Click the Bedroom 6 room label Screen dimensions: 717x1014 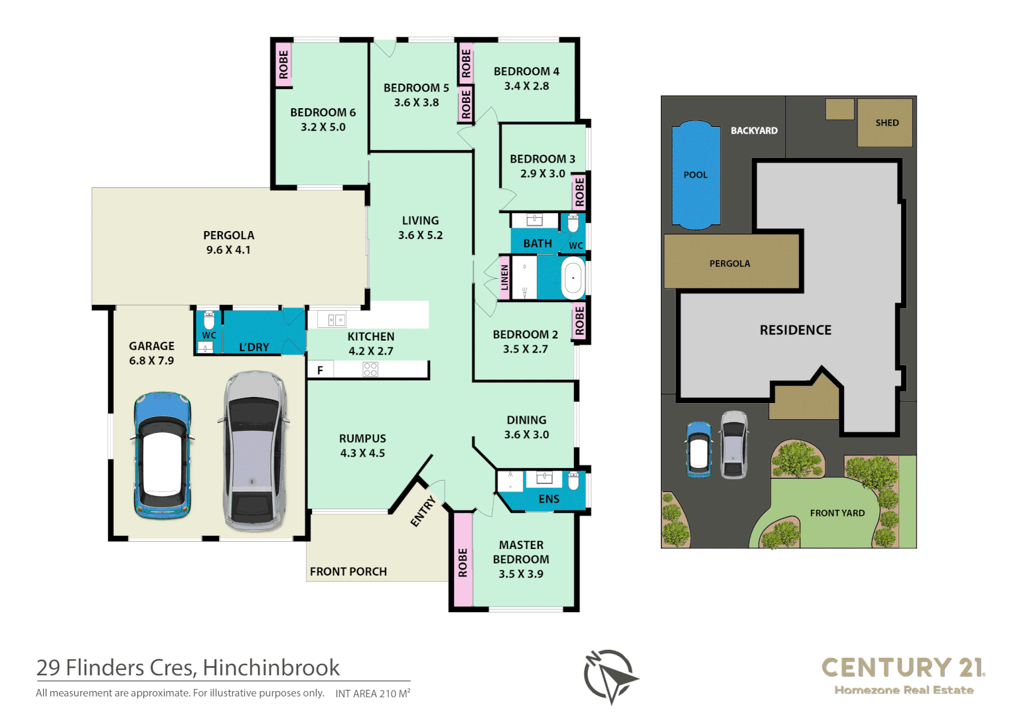(323, 113)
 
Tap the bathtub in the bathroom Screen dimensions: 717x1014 (573, 278)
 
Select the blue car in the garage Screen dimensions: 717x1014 (162, 455)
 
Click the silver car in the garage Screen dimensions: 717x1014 (254, 451)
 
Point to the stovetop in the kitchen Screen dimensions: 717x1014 (370, 369)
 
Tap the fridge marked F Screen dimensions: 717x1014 (320, 370)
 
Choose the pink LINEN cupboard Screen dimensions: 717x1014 (504, 278)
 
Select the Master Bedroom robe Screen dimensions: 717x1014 (463, 562)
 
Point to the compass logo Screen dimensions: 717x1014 (609, 676)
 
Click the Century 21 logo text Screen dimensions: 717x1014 (903, 667)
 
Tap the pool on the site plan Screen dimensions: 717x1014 (695, 175)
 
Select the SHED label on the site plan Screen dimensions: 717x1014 (887, 123)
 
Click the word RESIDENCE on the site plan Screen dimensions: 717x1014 (795, 330)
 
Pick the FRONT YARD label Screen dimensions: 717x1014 (837, 513)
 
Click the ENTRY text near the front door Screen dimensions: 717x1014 (423, 511)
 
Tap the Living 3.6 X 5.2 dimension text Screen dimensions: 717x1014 (420, 235)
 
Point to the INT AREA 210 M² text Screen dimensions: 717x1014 (372, 694)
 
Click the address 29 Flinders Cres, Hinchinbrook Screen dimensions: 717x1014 (188, 667)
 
